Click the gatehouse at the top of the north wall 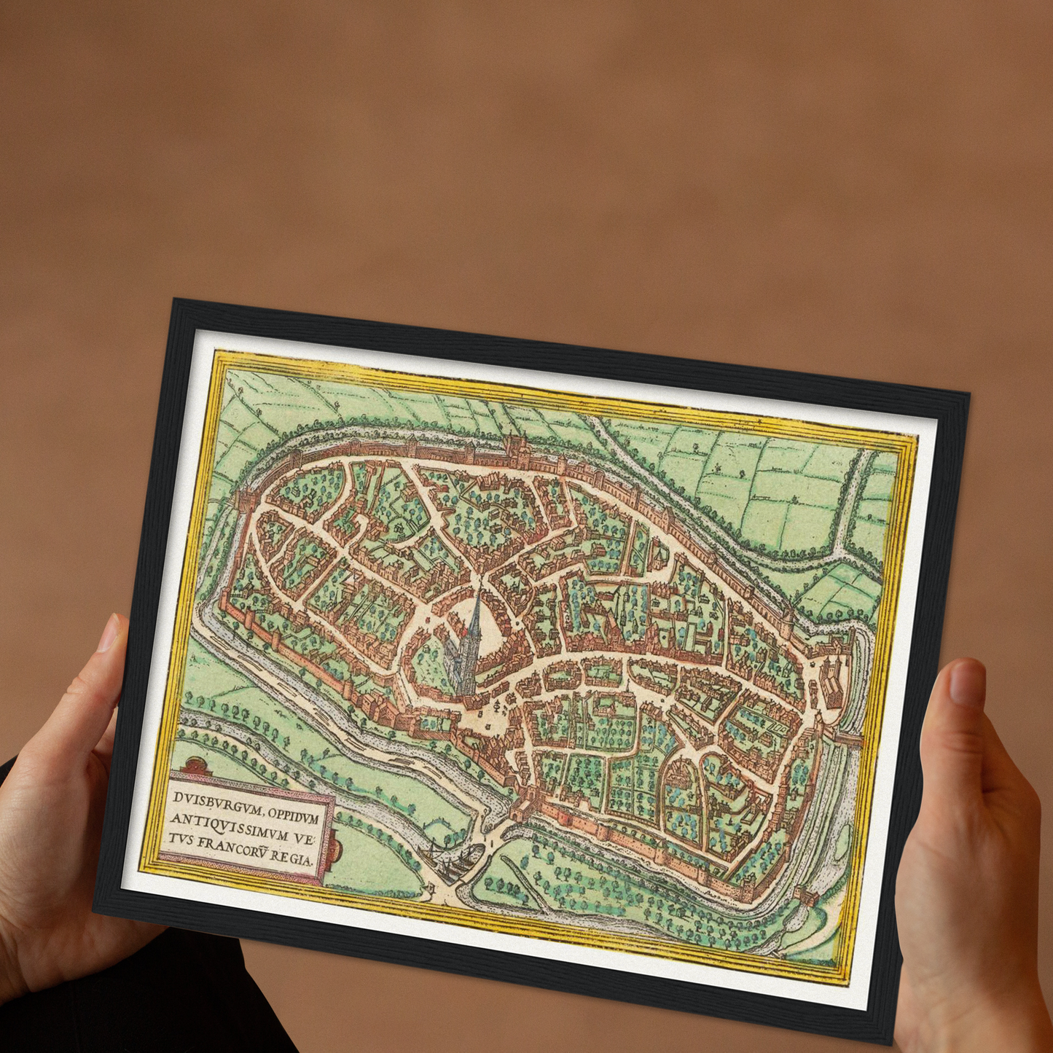[514, 446]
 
